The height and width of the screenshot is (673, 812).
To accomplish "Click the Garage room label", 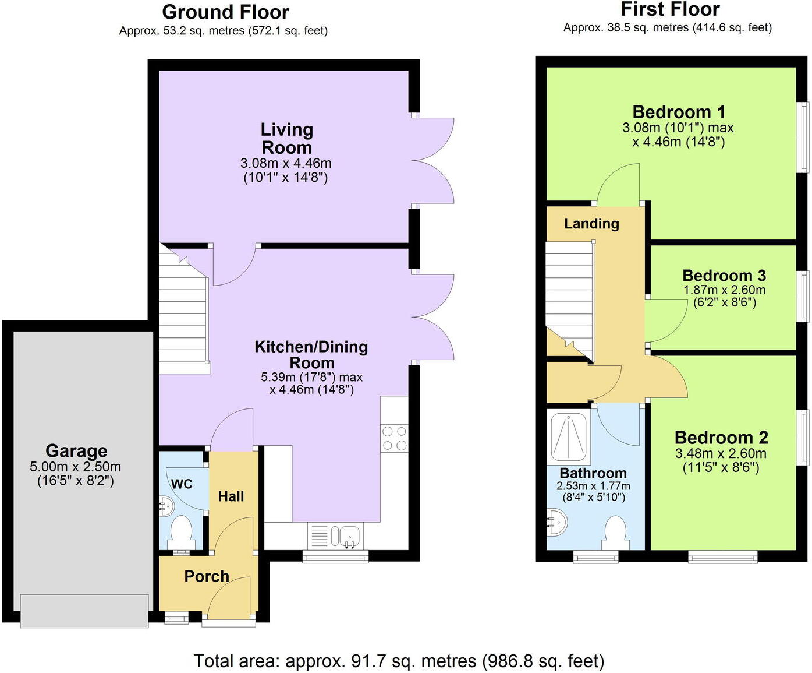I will click(x=76, y=451).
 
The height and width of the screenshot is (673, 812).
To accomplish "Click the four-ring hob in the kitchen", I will click(x=394, y=438).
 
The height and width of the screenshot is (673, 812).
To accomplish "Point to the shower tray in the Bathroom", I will click(x=569, y=436).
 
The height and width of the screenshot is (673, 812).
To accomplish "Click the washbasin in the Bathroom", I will click(x=556, y=523).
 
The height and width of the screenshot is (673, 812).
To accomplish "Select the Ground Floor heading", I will click(x=225, y=12).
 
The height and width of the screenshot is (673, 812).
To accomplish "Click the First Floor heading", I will click(x=670, y=9).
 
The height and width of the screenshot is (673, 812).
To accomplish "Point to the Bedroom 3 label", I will click(x=724, y=276).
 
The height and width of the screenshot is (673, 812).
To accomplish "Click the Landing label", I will click(x=591, y=224).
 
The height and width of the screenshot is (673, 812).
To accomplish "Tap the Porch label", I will click(x=207, y=576).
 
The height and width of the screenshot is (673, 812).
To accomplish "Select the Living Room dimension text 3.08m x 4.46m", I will click(x=286, y=164).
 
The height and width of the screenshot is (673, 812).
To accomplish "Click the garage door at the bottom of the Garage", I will click(x=84, y=610).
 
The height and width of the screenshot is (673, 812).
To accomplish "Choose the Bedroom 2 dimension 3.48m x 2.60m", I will click(x=721, y=453).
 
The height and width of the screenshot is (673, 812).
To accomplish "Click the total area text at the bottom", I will click(x=399, y=661).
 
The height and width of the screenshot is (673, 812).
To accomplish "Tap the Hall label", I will click(x=231, y=496).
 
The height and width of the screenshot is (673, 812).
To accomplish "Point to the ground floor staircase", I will click(x=183, y=315).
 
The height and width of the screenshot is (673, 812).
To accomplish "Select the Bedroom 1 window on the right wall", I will click(x=803, y=138).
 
